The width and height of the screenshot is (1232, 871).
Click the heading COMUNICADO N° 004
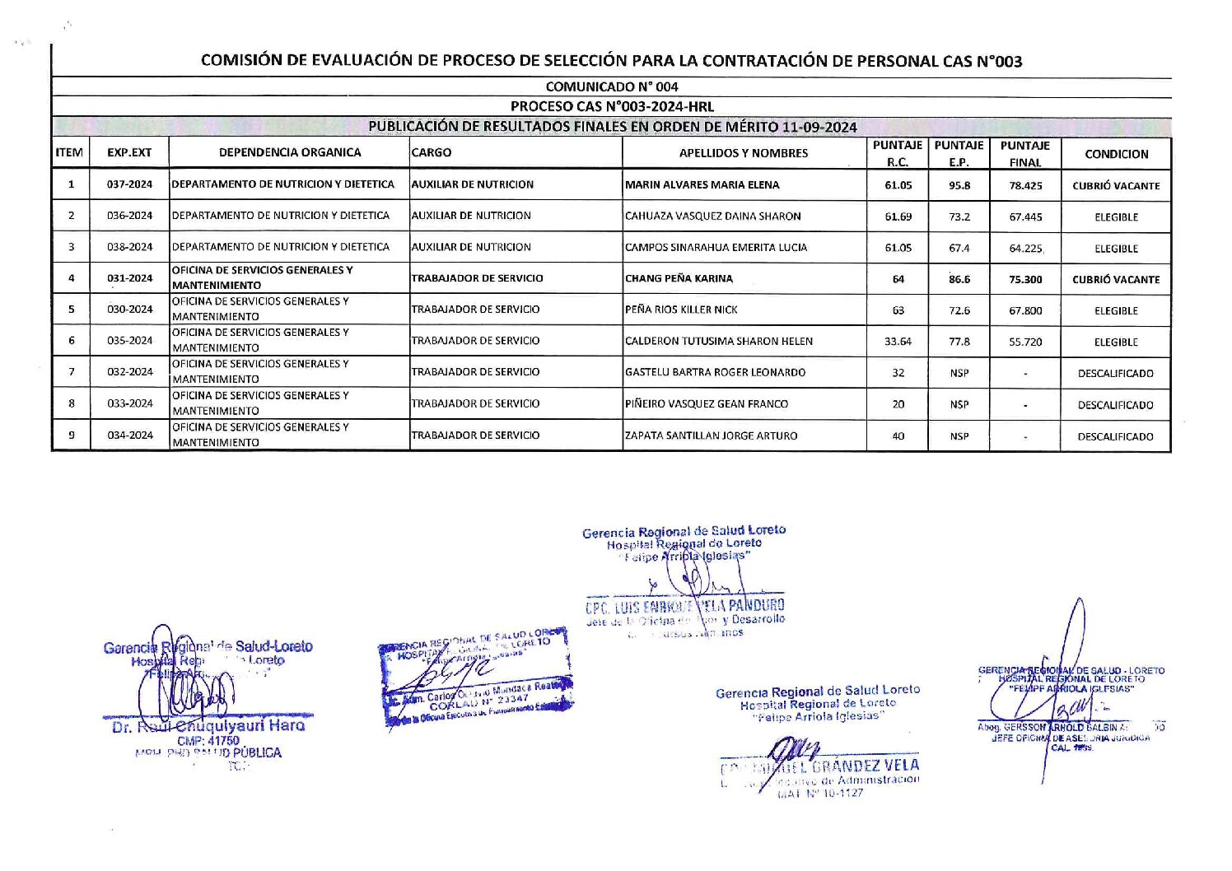tap(611, 86)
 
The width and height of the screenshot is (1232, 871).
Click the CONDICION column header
tap(1116, 154)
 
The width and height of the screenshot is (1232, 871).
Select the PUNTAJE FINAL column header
tap(1024, 154)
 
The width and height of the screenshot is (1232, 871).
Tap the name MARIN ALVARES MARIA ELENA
tap(702, 185)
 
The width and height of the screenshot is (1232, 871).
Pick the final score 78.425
tap(1025, 186)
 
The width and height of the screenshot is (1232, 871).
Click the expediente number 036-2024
tap(129, 216)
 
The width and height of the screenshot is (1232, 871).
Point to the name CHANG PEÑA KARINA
tap(679, 278)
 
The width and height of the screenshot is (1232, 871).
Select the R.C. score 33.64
tap(898, 342)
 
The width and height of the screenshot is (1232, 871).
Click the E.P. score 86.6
tap(959, 279)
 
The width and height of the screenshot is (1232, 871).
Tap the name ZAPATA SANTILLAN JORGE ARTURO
tap(711, 435)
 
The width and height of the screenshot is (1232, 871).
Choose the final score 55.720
tap(1025, 342)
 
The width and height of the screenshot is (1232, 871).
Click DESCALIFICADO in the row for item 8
tap(1115, 405)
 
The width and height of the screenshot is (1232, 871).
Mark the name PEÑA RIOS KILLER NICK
tap(681, 310)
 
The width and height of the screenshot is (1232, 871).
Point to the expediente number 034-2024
tap(129, 435)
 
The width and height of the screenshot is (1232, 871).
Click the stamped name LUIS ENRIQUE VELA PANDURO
tap(685, 608)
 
